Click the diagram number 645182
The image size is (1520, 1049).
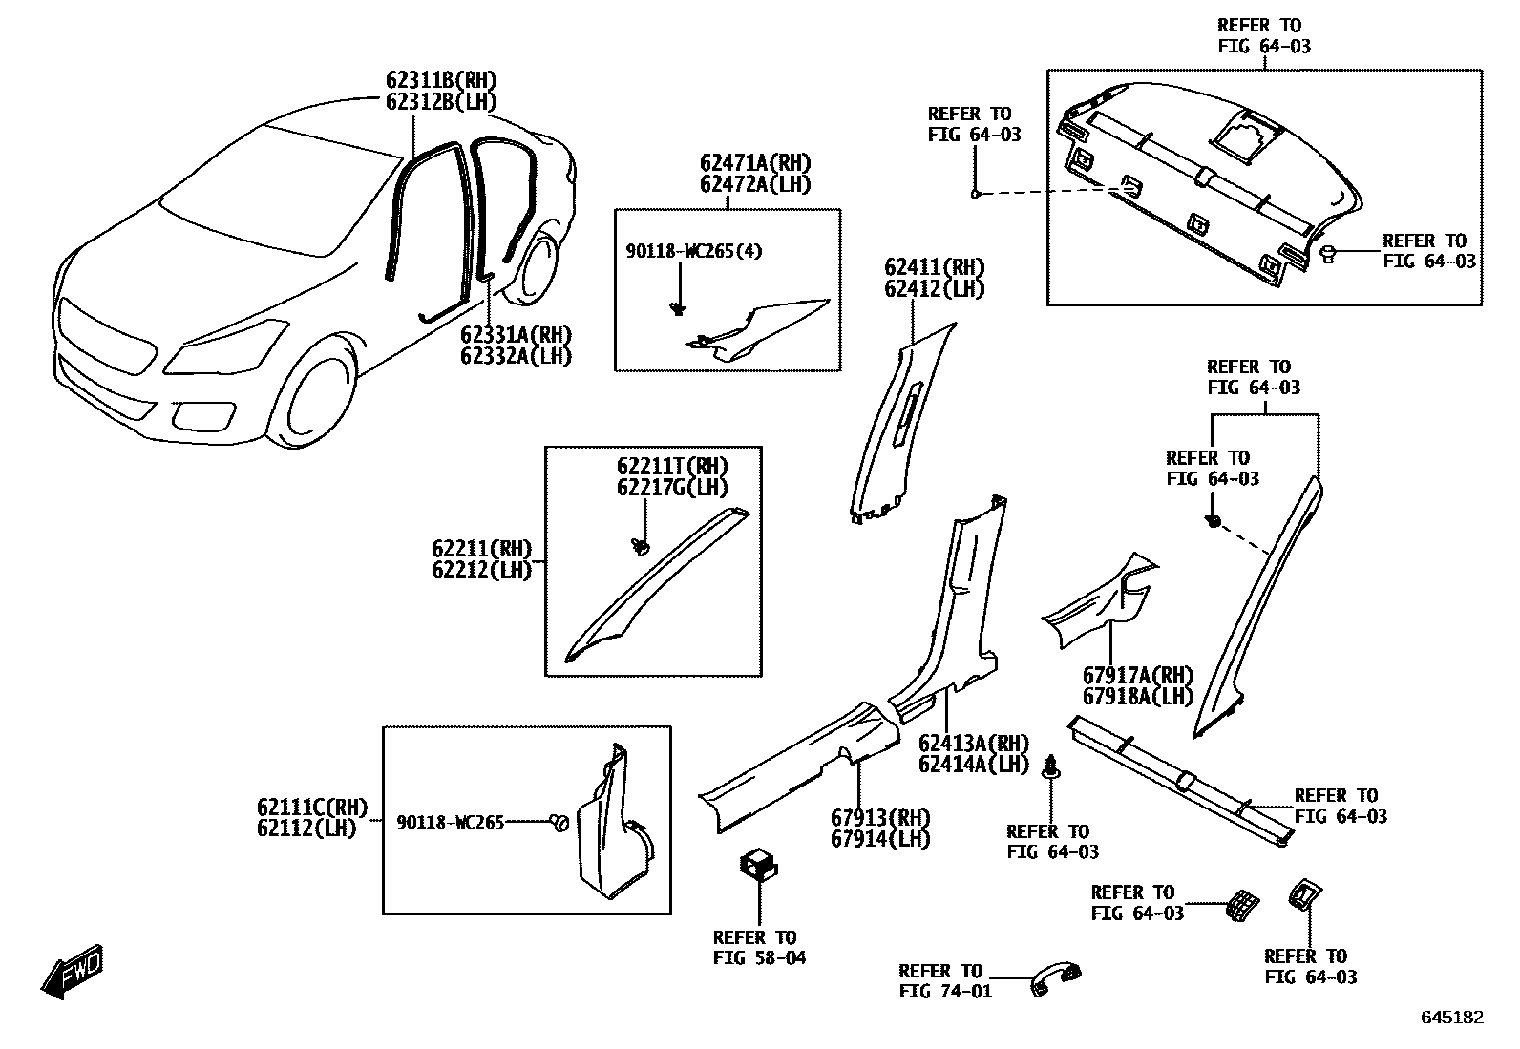[x=1452, y=1018]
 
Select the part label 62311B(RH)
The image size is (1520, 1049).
[x=441, y=80]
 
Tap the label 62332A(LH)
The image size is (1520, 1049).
[x=516, y=356]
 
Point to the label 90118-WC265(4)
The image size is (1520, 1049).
[x=694, y=251]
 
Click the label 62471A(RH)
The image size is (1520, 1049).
[x=755, y=163]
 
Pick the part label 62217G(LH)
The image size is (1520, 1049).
[x=672, y=488]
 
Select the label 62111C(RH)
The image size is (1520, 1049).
[x=311, y=808]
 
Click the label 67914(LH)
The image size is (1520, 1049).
[x=879, y=839]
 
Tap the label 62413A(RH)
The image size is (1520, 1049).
[x=974, y=744]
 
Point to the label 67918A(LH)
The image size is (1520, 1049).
[x=1137, y=697]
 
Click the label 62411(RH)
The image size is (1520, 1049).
[x=934, y=267]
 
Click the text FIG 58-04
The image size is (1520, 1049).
[x=759, y=957]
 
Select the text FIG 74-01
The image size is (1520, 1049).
[x=945, y=991]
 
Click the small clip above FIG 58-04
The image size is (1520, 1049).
[x=759, y=865]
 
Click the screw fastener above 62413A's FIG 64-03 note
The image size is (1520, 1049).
[x=1052, y=766]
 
